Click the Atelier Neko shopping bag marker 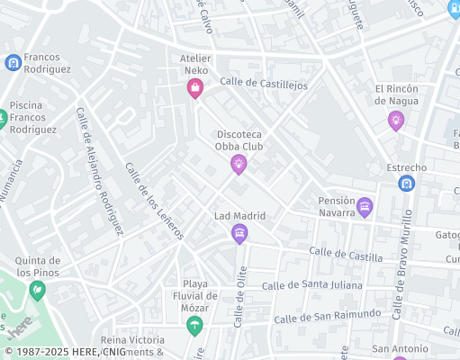[194, 87]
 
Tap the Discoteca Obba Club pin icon [239, 163]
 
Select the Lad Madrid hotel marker [239, 235]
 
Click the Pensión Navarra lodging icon [365, 207]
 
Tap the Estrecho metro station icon [407, 184]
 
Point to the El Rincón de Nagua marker [396, 121]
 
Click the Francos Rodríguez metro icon [13, 62]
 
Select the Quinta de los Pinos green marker [37, 290]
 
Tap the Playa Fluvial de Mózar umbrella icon [194, 326]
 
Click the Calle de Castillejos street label [264, 84]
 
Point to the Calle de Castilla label [339, 255]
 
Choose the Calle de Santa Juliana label [311, 285]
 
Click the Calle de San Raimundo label [327, 316]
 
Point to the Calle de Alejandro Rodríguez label [99, 171]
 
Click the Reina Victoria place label [132, 340]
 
